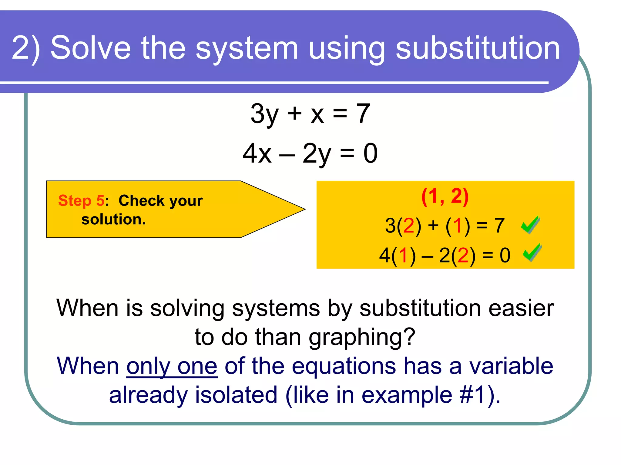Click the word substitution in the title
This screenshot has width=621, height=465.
tap(478, 48)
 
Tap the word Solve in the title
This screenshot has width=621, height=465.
tap(90, 48)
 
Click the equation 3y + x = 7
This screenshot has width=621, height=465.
tap(310, 114)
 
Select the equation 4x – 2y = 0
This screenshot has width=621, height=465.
tap(310, 153)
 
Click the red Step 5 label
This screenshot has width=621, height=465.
tap(81, 200)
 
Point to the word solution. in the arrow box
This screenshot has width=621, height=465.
tap(113, 219)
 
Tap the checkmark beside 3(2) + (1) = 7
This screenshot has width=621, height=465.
tap(530, 225)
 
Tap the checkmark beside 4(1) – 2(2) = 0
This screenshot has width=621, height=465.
tap(532, 252)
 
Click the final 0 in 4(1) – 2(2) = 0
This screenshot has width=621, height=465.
tap(505, 255)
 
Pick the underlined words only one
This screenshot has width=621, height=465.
tap(172, 366)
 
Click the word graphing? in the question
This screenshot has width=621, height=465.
tap(362, 337)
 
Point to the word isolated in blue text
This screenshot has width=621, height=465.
tap(236, 395)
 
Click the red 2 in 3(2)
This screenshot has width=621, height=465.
tap(408, 226)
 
